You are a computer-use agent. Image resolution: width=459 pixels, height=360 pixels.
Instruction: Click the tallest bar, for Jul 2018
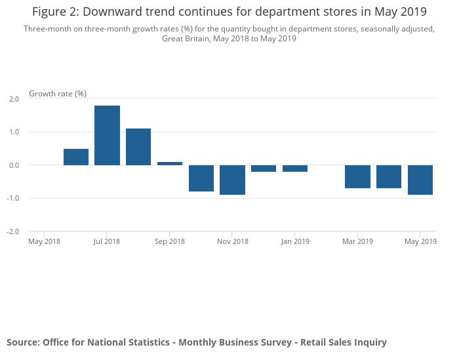point(107,135)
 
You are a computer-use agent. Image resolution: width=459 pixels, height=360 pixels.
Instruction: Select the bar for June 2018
point(76,157)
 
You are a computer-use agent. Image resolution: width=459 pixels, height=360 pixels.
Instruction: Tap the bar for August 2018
point(138,147)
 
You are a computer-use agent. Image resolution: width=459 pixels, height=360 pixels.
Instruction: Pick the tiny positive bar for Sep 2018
point(170,163)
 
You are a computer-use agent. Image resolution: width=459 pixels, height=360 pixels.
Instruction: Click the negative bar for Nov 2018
point(232,180)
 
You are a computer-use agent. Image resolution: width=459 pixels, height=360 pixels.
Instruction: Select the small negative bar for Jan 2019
point(295,169)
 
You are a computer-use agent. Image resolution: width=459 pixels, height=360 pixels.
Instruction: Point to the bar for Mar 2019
point(357,176)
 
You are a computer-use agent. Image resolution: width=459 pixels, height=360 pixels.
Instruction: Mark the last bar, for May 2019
point(420,180)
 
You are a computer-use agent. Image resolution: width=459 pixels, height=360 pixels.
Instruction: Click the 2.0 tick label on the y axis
point(13,99)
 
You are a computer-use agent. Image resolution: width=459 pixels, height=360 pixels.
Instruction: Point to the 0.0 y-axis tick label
point(13,165)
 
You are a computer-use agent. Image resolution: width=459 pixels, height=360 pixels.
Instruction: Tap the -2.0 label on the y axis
point(12,231)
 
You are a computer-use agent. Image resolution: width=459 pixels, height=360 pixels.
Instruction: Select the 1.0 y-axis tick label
point(13,132)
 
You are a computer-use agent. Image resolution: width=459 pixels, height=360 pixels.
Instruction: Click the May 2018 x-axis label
point(45,241)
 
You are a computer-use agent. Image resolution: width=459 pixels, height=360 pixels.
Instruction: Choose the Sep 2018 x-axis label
point(170,241)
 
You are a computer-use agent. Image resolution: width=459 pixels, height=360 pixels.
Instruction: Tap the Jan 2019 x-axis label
point(295,241)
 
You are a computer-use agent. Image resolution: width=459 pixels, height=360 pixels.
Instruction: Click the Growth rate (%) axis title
point(58,94)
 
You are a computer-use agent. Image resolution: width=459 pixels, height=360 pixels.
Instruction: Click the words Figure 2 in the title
point(56,12)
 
